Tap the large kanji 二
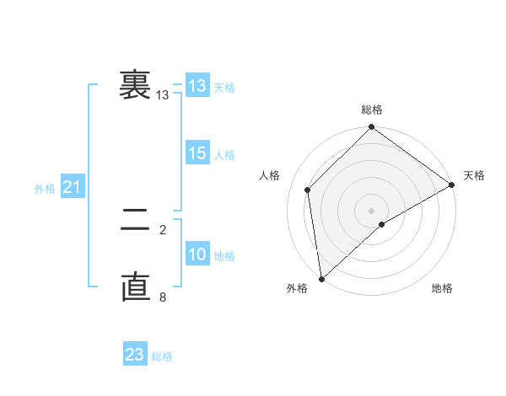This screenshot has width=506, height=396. [x=136, y=224]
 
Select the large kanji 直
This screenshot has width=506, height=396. [x=136, y=286]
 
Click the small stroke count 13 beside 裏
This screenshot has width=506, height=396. [x=162, y=96]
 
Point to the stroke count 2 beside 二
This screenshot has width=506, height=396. [x=163, y=229]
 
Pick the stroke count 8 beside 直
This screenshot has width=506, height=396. [x=163, y=297]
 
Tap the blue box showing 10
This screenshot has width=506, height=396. [x=197, y=254]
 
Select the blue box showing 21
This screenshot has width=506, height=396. [x=72, y=187]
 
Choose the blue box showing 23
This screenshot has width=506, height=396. [x=135, y=355]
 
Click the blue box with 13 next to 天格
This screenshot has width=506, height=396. [x=197, y=86]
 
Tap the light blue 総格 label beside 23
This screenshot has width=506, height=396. [x=162, y=356]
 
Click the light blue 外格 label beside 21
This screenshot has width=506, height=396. [x=45, y=189]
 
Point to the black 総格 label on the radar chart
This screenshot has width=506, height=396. [x=372, y=110]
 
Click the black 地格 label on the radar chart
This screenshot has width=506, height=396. [x=442, y=289]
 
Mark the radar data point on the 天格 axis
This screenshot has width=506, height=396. [x=452, y=185]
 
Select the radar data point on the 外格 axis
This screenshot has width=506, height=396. [x=321, y=279]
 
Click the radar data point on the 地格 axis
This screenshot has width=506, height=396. [x=382, y=224]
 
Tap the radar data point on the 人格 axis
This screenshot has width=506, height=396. [x=308, y=190]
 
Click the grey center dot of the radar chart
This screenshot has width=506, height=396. [x=371, y=210]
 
